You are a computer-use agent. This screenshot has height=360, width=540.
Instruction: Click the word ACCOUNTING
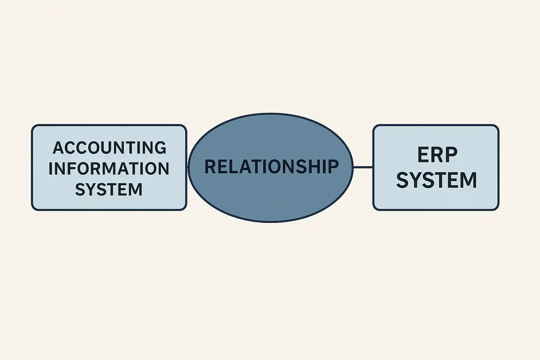[109, 148]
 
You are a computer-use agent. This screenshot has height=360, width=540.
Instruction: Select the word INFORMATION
[109, 168]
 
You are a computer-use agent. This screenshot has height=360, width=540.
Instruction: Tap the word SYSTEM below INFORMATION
[109, 189]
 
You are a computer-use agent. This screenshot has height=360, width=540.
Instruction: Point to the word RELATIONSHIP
[271, 167]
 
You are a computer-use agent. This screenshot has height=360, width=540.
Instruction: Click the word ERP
[437, 155]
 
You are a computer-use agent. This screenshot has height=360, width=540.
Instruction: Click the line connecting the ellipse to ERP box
[363, 167]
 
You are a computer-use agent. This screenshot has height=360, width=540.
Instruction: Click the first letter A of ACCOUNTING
[59, 148]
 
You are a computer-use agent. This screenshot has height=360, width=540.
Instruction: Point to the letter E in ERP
[423, 155]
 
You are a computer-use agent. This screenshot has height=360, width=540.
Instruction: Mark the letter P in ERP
[451, 155]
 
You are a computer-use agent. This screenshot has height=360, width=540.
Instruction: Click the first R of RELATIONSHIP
[210, 167]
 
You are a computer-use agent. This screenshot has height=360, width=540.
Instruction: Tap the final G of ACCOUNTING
[160, 148]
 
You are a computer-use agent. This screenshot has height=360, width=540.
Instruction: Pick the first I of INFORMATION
[51, 168]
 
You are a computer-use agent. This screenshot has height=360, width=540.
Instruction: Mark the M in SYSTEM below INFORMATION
[136, 189]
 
